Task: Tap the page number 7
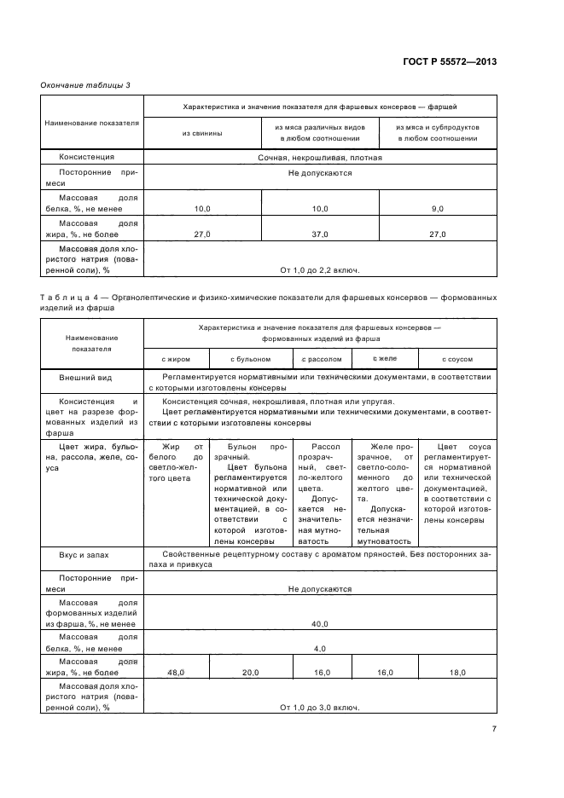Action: pyautogui.click(x=494, y=729)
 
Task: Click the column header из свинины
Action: pyautogui.click(x=202, y=132)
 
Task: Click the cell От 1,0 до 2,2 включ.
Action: pyautogui.click(x=320, y=269)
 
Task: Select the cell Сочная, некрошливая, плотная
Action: pyautogui.click(x=320, y=157)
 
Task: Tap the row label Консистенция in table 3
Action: pyautogui.click(x=86, y=157)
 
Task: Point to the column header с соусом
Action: pyautogui.click(x=457, y=360)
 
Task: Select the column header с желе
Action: pyautogui.click(x=385, y=359)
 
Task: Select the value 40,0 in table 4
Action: pyautogui.click(x=320, y=624)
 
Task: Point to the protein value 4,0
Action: pyautogui.click(x=320, y=648)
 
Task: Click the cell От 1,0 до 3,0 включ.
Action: pyautogui.click(x=320, y=707)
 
